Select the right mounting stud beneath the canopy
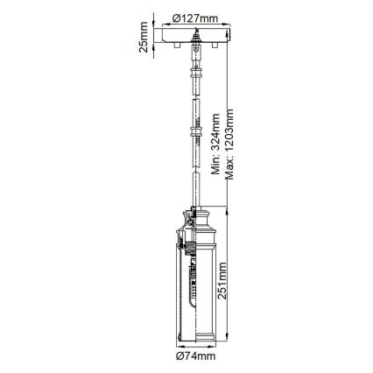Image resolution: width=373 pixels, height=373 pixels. click(x=207, y=49)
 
